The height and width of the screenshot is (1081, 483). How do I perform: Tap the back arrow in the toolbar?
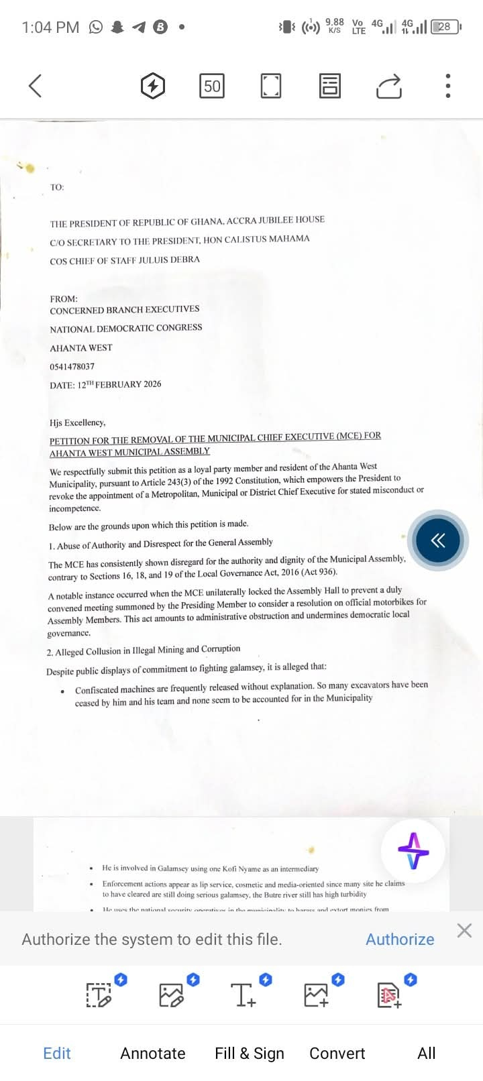tap(36, 86)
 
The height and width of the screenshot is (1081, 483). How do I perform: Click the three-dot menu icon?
tap(448, 86)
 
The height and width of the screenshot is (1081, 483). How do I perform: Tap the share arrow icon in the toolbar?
tap(389, 86)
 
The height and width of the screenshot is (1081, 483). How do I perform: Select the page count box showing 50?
tap(212, 86)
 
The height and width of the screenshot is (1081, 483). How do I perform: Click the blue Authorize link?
tap(400, 939)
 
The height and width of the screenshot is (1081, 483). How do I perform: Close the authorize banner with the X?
tap(464, 930)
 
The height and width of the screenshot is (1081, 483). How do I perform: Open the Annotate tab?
tap(153, 1053)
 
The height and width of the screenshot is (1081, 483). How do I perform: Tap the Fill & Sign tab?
tap(250, 1053)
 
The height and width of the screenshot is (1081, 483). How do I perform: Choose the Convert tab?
tap(337, 1053)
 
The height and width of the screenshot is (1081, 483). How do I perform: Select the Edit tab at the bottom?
tap(57, 1053)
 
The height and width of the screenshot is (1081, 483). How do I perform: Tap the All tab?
tap(427, 1053)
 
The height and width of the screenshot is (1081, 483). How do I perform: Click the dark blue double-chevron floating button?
tap(438, 540)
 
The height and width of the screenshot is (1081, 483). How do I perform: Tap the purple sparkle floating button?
tap(413, 850)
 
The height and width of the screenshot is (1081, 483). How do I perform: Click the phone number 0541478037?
tap(72, 366)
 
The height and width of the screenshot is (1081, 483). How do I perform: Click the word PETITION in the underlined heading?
tap(70, 441)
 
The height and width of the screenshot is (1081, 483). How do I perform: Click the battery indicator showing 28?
tap(445, 27)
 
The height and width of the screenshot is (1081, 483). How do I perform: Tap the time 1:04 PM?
tap(50, 27)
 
